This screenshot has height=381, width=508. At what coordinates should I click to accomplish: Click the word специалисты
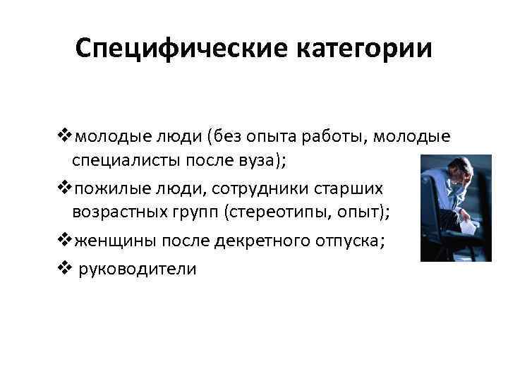coord(125,162)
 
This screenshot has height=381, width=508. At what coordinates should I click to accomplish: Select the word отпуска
coord(348,242)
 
